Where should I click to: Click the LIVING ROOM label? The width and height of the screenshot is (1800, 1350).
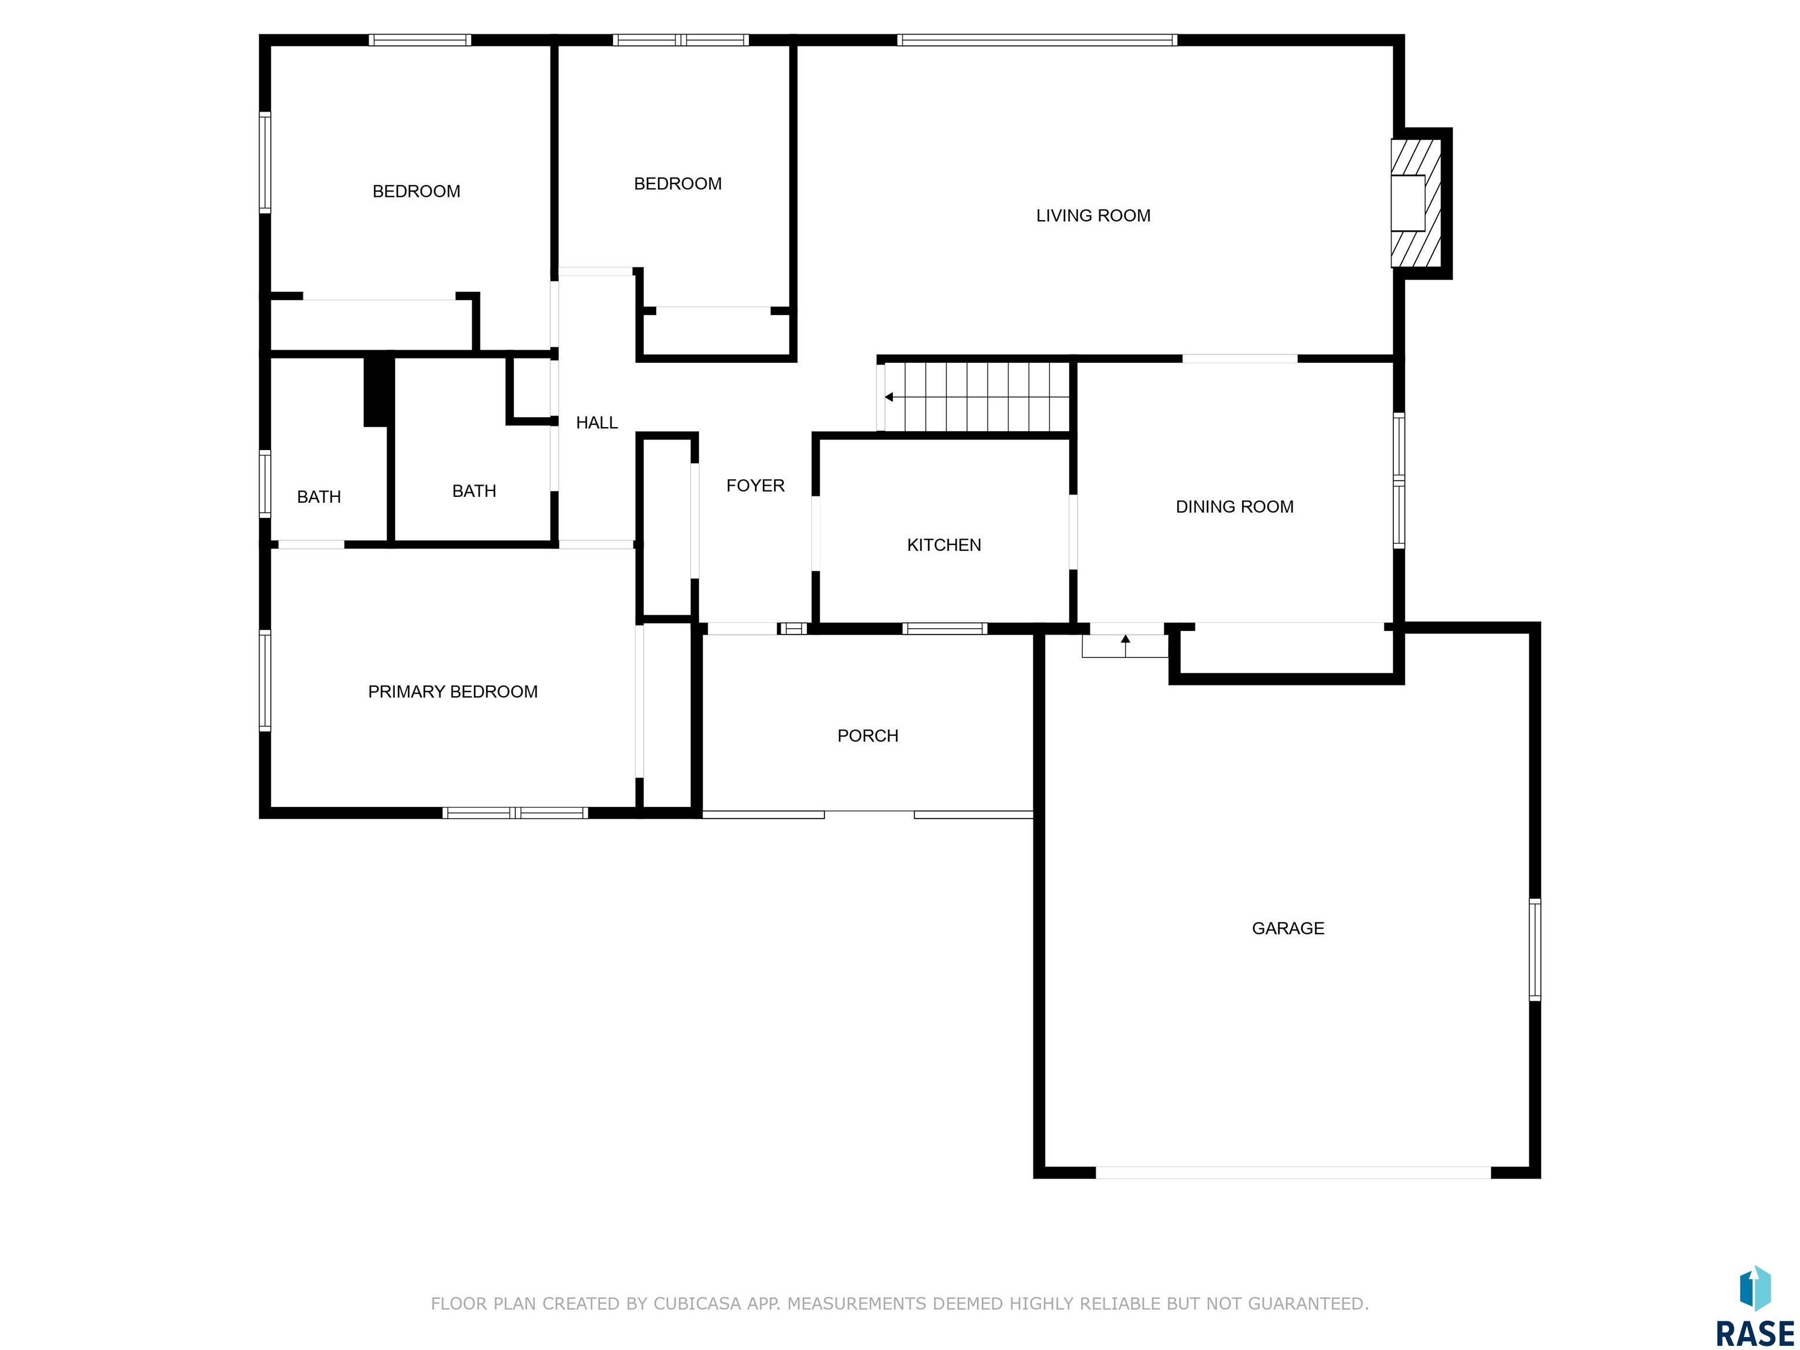click(1093, 216)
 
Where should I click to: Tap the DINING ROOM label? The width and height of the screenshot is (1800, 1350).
click(1235, 507)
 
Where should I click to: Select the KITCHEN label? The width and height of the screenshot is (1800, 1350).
click(944, 545)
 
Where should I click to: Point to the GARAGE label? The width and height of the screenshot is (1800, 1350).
click(1288, 929)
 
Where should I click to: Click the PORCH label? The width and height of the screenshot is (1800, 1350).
click(867, 735)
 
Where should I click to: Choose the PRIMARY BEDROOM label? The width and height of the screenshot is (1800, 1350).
click(452, 691)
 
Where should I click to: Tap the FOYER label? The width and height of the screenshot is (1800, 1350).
click(755, 486)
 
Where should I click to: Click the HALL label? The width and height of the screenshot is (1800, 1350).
click(596, 422)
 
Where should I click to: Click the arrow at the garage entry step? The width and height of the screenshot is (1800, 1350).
click(1126, 645)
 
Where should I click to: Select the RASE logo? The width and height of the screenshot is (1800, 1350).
click(1754, 1307)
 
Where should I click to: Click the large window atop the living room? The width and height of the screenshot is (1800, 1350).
click(1037, 40)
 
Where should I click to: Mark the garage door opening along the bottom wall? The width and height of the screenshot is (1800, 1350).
click(1293, 1172)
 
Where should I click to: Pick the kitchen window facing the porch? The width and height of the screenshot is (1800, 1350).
click(945, 628)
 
